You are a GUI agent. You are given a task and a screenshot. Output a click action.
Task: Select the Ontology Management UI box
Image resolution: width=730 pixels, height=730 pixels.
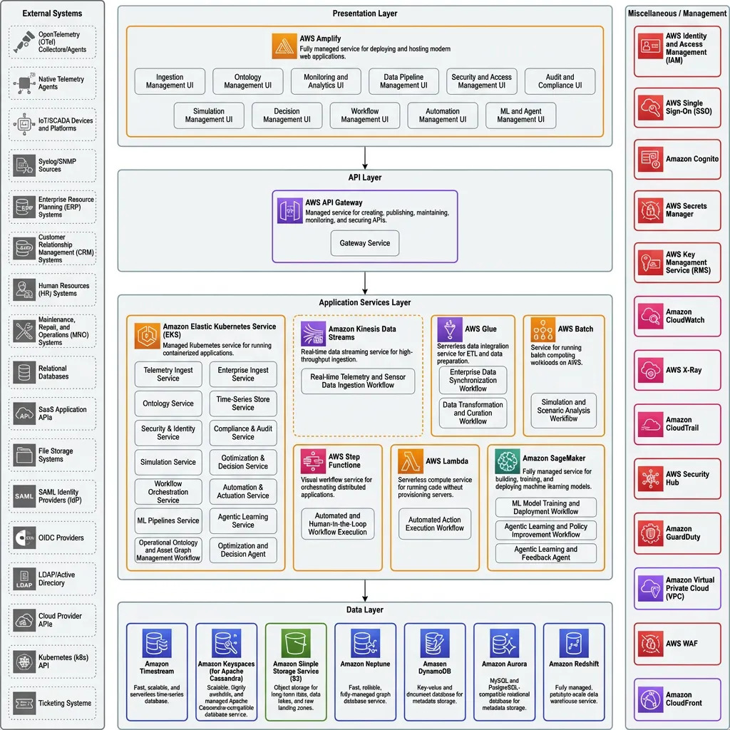pos(247,82)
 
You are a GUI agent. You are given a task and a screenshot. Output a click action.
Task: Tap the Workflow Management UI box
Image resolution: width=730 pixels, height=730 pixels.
pos(364,115)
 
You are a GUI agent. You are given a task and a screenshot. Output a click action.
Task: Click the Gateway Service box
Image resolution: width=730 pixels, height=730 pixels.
pos(364,243)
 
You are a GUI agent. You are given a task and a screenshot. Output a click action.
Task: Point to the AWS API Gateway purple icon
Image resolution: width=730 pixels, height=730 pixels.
pos(290,212)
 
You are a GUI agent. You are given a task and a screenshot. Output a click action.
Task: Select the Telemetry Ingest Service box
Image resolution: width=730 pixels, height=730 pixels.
pos(168,374)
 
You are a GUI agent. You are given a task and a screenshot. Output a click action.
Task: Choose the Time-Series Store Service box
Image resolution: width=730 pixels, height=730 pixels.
pos(243,403)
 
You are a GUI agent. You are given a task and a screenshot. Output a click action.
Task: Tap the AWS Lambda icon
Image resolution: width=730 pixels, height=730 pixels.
pos(411,461)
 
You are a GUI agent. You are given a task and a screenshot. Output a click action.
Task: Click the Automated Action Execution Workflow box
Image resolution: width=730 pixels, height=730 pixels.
pos(435,524)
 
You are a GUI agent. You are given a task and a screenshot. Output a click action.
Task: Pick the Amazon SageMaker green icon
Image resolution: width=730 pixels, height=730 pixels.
pos(508,462)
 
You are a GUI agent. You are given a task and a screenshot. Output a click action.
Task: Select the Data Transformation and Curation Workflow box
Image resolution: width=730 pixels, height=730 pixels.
pos(473,413)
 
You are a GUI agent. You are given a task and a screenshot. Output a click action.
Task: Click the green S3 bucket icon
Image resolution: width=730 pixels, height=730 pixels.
pos(295,643)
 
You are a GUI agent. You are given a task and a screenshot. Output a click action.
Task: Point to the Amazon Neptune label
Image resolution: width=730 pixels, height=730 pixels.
pos(365,664)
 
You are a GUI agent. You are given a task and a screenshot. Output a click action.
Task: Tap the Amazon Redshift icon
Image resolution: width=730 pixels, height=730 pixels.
pos(574,643)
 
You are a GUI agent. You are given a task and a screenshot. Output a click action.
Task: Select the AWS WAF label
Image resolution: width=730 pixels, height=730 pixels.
pos(682,644)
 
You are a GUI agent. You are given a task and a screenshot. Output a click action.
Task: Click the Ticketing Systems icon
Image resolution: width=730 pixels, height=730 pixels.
pos(25,703)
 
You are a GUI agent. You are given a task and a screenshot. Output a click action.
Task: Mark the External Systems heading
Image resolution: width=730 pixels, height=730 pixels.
pos(52,14)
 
